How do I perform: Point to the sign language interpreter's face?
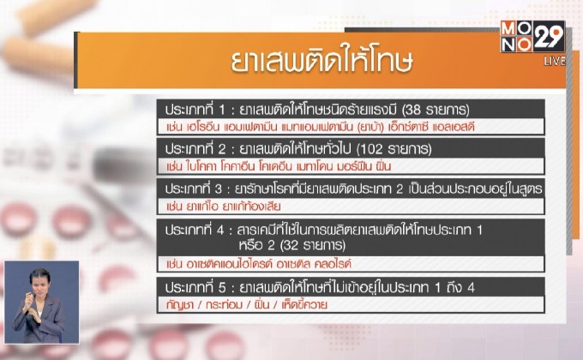[x=39, y=282]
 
